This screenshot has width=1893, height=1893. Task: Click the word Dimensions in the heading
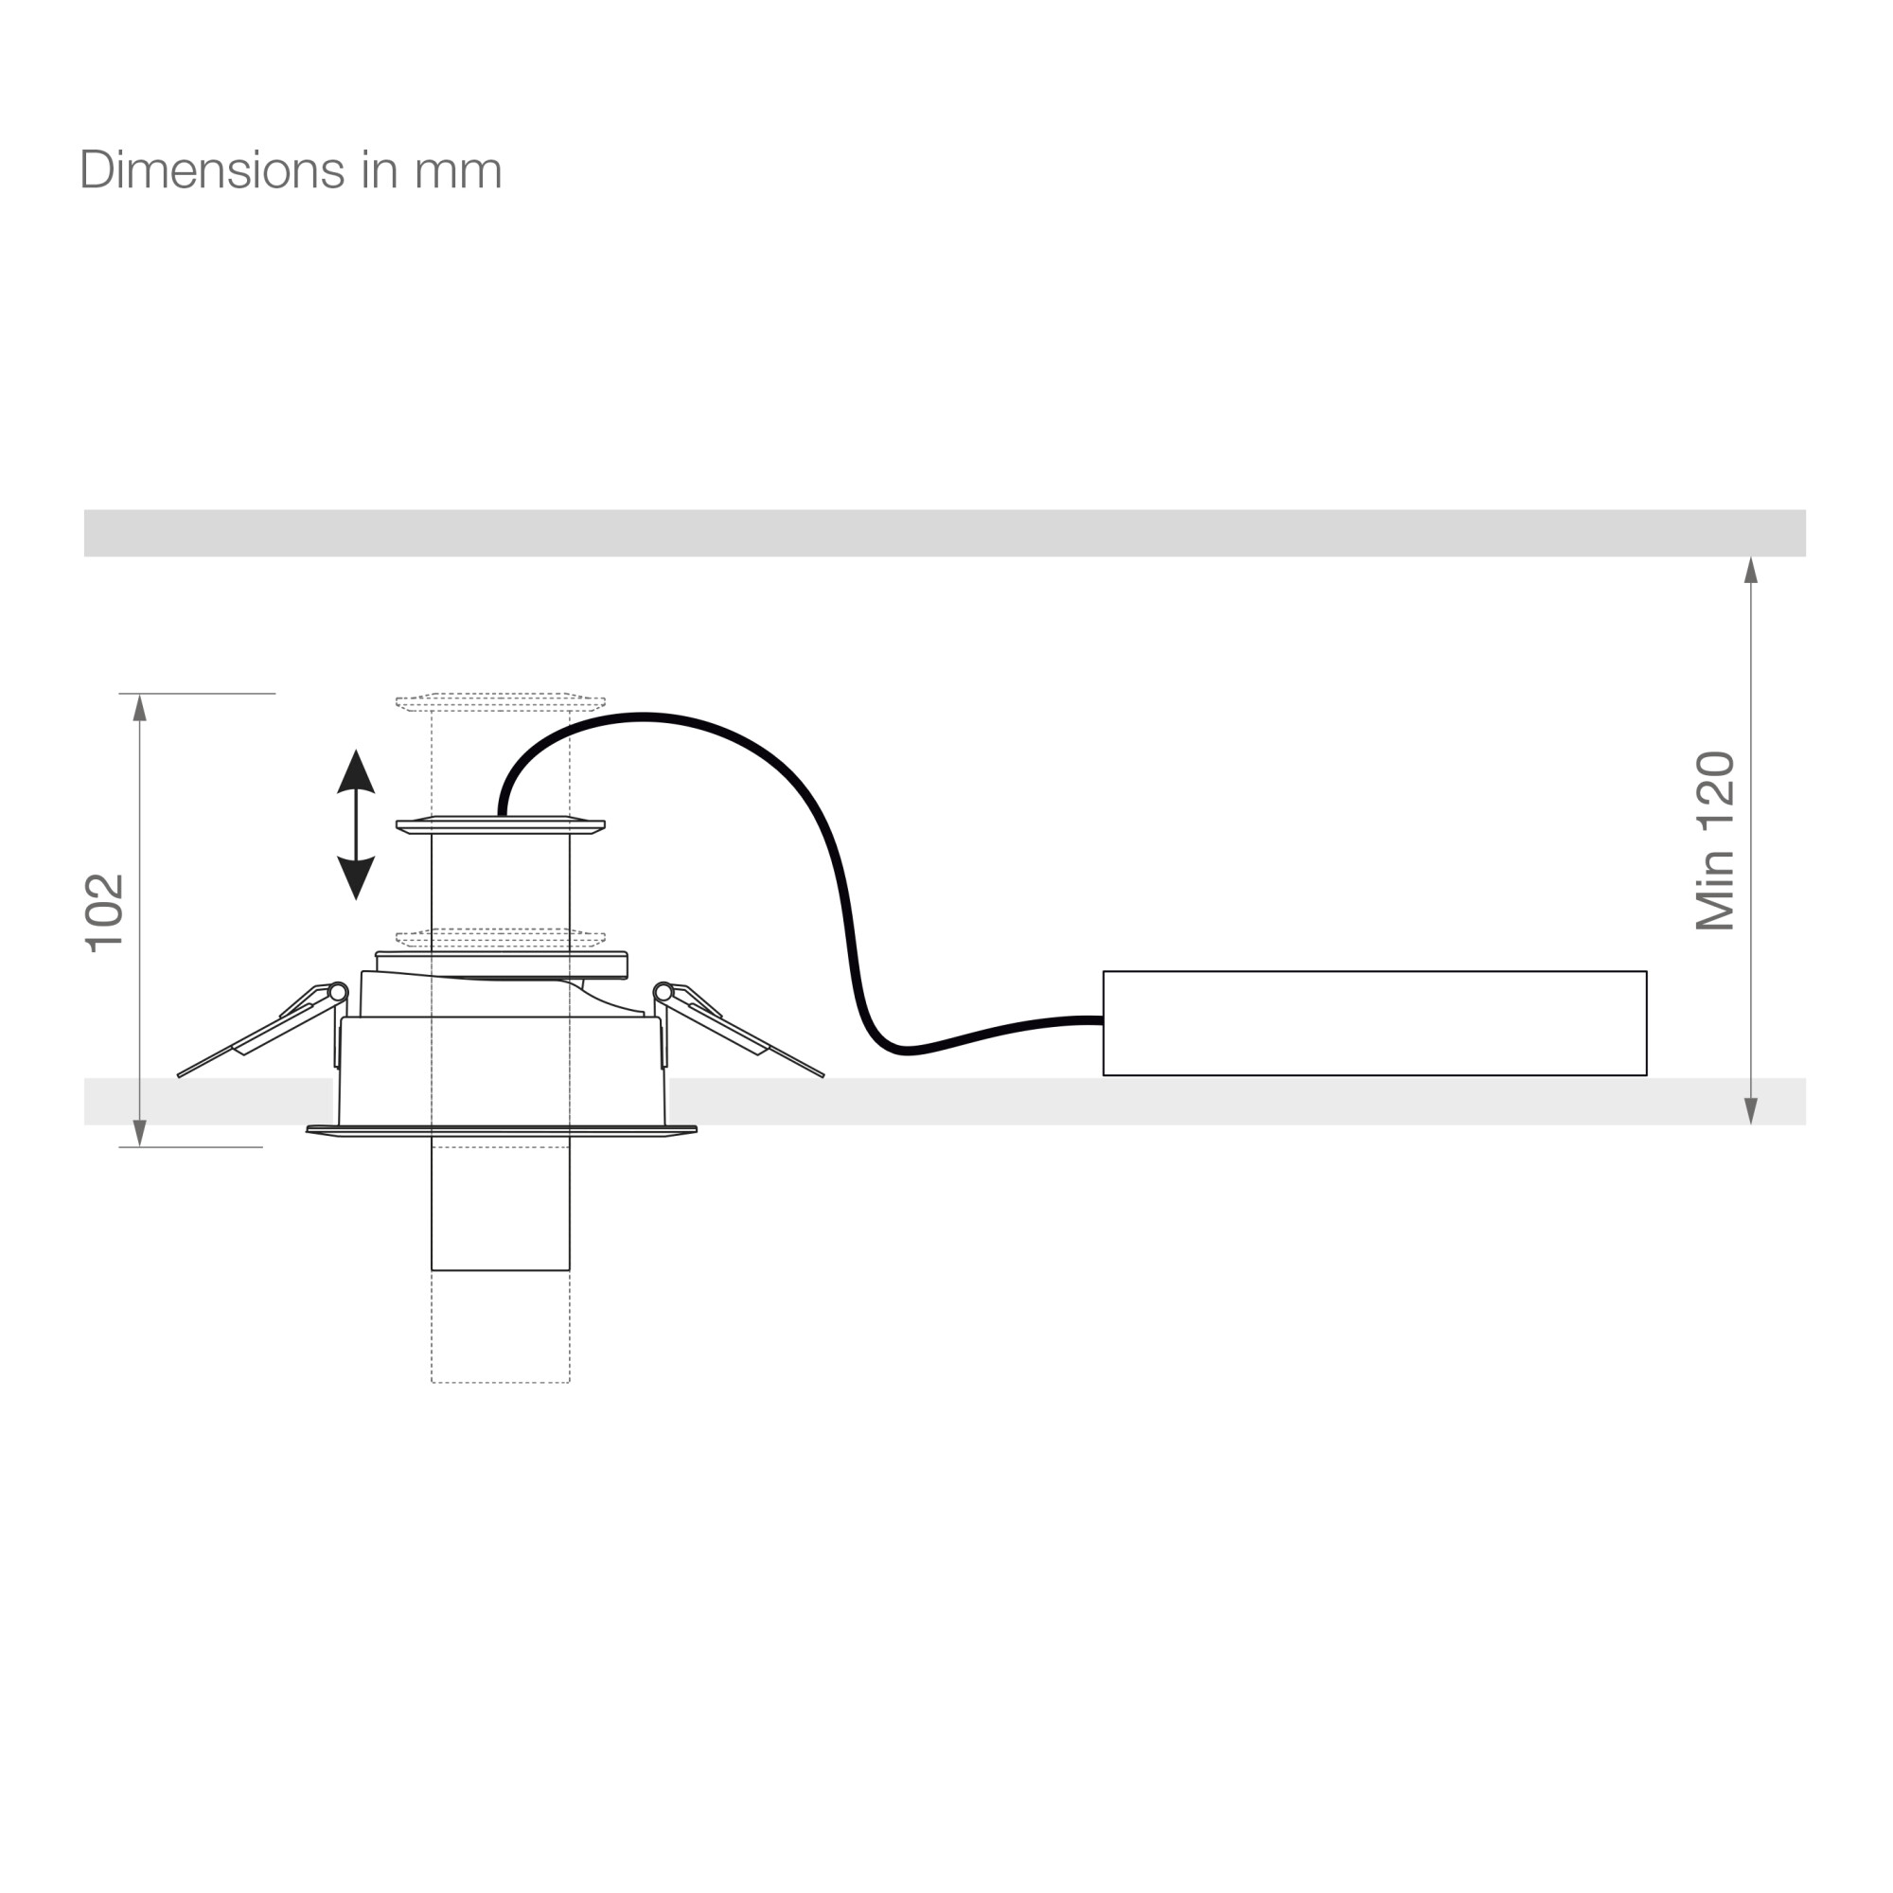[212, 169]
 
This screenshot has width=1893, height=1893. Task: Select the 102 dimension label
[105, 912]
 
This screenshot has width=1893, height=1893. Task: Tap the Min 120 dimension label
[1716, 840]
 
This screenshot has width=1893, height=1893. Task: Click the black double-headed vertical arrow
[356, 825]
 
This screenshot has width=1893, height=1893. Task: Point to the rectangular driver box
[1374, 1023]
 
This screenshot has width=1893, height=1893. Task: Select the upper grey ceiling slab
[945, 533]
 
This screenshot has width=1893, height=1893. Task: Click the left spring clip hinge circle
[338, 993]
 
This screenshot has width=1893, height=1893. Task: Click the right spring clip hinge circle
[663, 993]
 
